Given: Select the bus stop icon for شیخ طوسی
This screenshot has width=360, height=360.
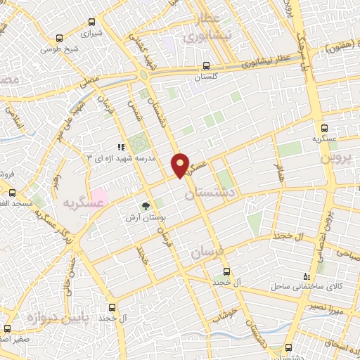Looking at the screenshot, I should click(60, 39).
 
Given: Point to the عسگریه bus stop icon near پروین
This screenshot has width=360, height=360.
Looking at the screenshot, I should click(324, 129).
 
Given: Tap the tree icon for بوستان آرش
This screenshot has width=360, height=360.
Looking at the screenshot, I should click(146, 207).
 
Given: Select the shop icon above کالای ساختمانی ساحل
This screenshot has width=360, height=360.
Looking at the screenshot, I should click(304, 277).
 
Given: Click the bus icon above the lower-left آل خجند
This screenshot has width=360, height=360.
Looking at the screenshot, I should click(112, 307).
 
